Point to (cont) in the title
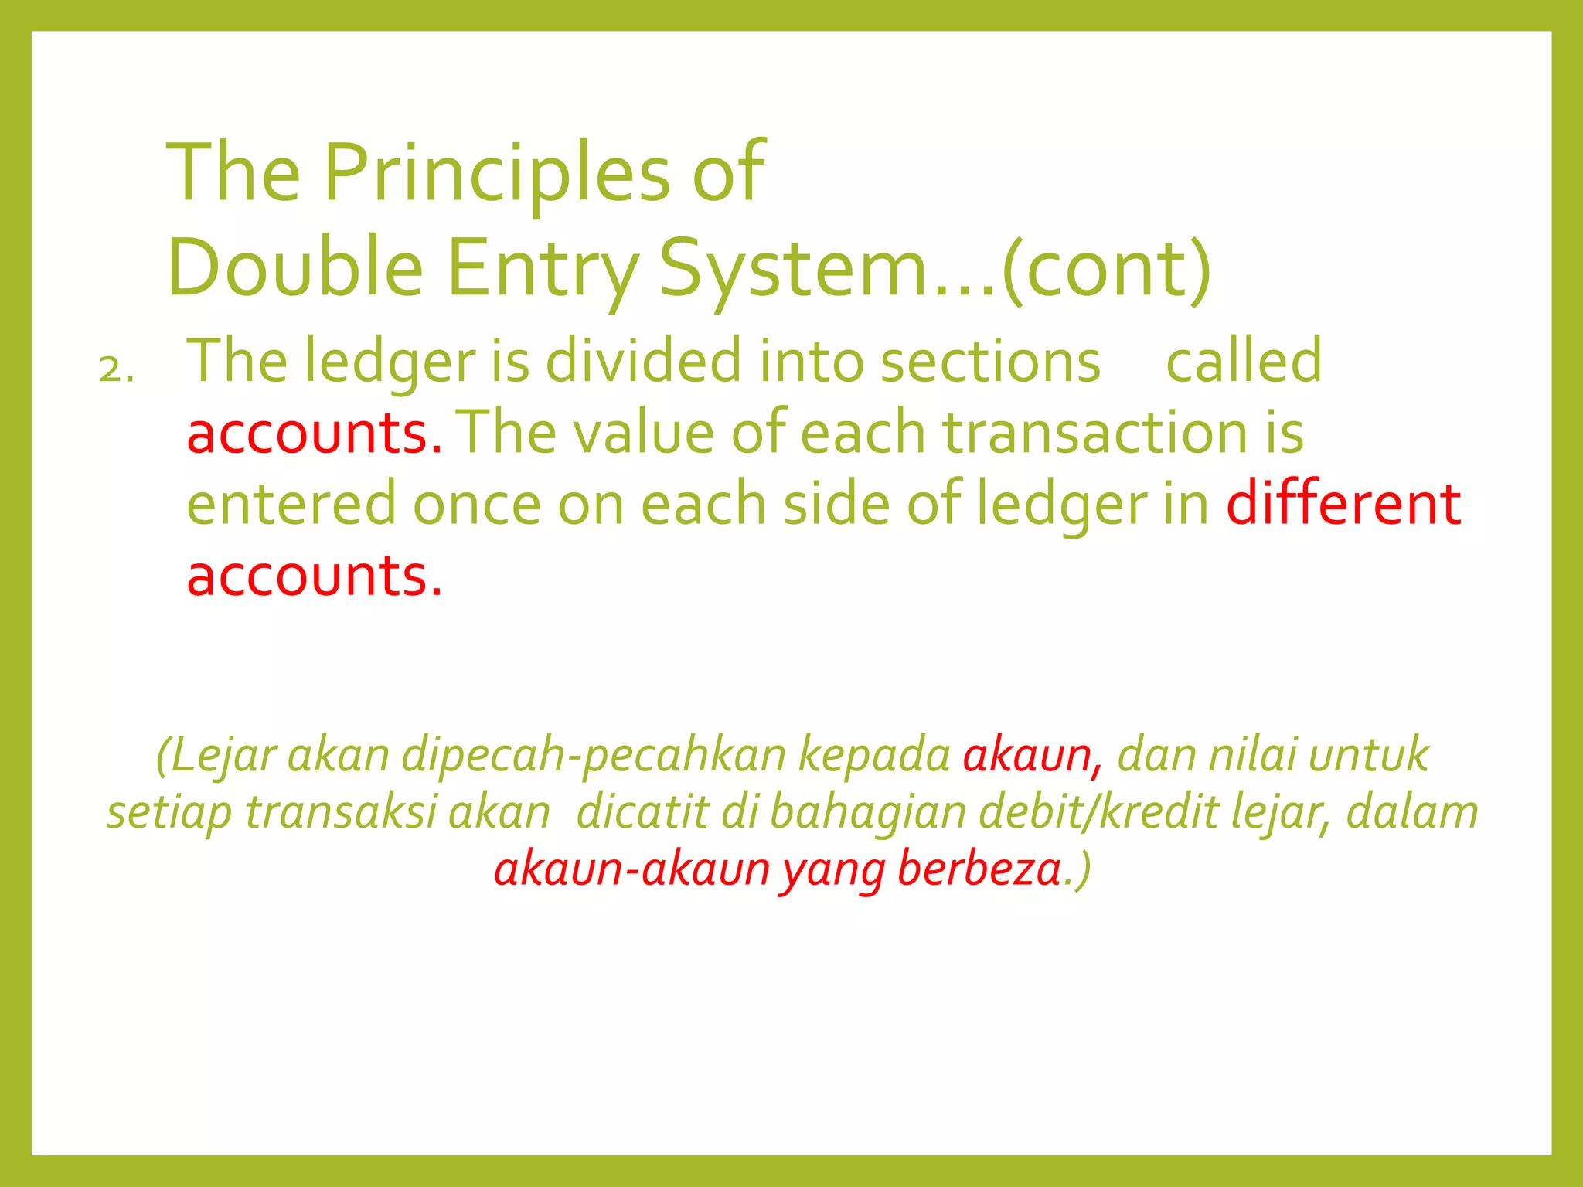[1106, 268]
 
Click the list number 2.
[116, 370]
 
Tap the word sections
[990, 361]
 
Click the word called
[1244, 361]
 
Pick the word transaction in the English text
[1094, 433]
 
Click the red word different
[1343, 504]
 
